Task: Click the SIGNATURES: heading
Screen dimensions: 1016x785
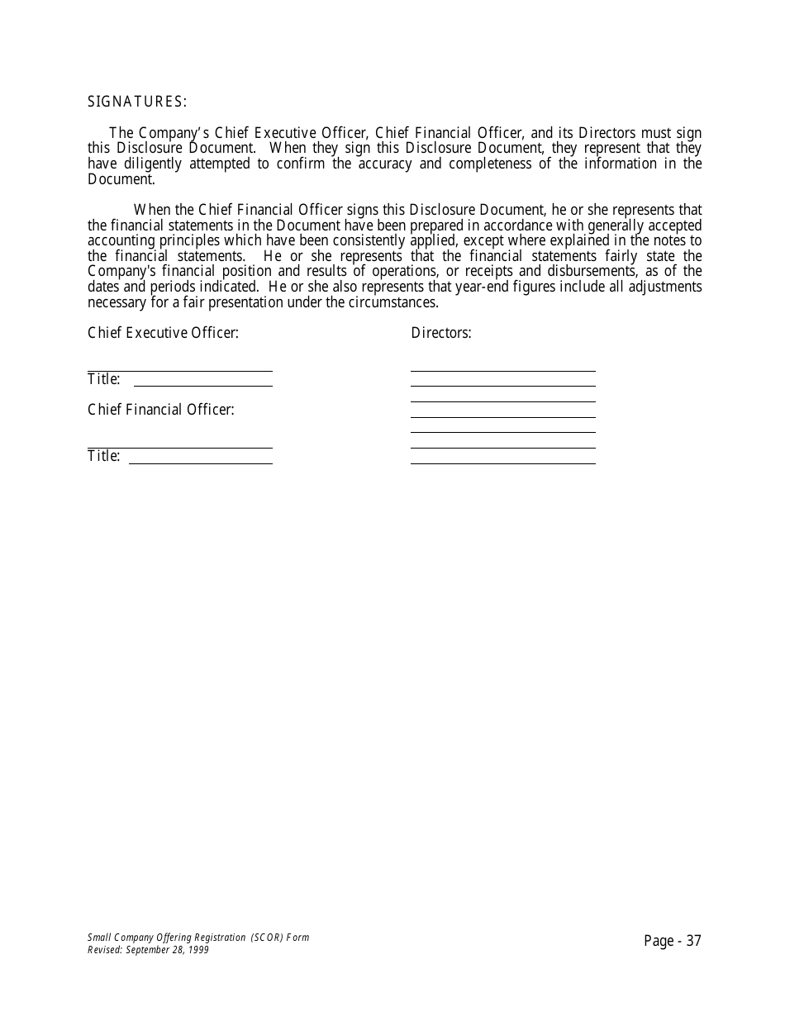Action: tap(137, 102)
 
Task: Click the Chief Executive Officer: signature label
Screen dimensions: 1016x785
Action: tap(163, 333)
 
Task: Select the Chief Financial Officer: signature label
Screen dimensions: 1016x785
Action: tap(161, 410)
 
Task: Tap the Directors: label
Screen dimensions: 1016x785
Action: tap(441, 333)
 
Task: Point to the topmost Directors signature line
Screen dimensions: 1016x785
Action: tap(502, 371)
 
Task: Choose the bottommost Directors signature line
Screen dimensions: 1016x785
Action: tap(502, 463)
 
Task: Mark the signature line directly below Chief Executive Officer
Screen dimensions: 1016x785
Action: tap(179, 371)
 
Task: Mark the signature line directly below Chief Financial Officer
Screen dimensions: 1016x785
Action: tap(179, 448)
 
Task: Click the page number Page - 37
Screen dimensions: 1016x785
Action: tap(673, 941)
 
